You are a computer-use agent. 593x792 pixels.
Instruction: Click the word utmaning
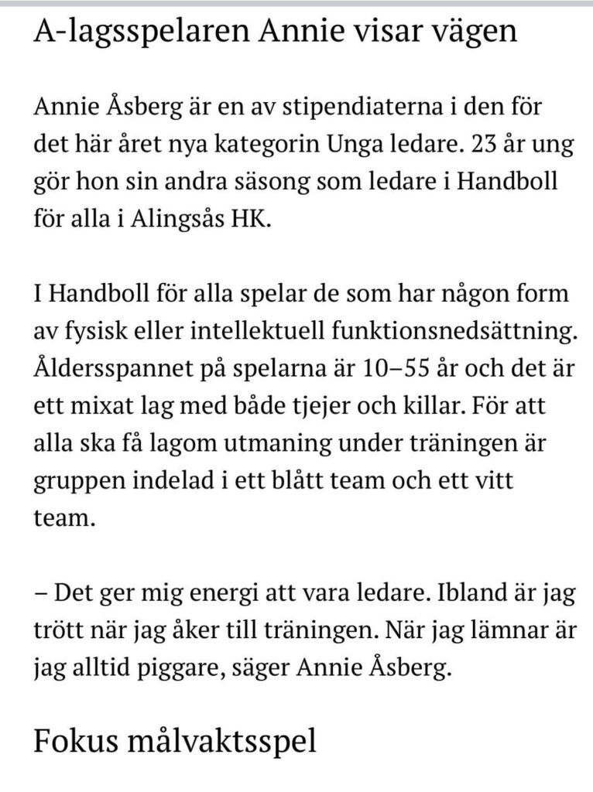(x=250, y=441)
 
